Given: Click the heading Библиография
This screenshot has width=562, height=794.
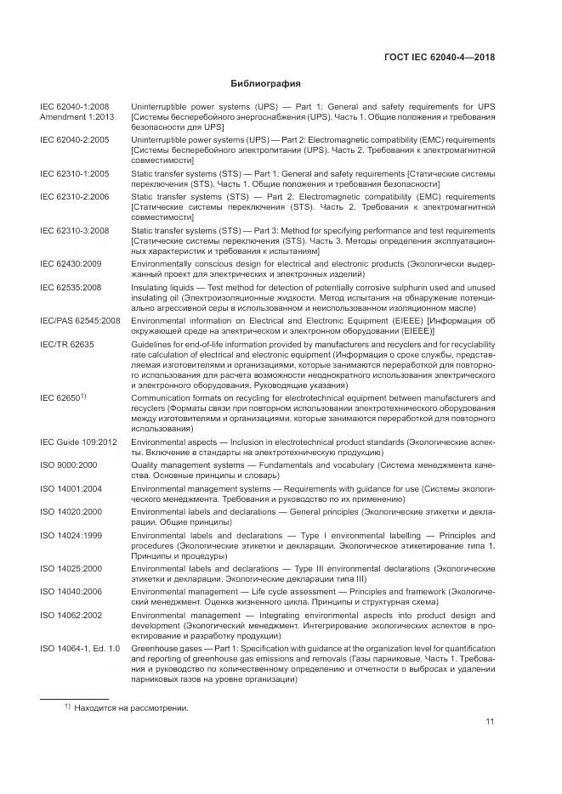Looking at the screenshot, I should (x=267, y=83).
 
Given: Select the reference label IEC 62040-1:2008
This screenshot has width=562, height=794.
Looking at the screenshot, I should (x=74, y=106).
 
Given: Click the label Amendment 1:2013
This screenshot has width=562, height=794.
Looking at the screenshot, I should (x=76, y=116).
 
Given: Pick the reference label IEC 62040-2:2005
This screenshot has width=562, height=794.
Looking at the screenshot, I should (x=74, y=139).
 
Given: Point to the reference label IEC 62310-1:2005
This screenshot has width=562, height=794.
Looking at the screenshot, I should (x=74, y=172).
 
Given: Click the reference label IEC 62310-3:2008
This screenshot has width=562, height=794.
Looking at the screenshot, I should (x=74, y=230).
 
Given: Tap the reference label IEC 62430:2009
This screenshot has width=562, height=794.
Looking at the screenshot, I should (x=71, y=263).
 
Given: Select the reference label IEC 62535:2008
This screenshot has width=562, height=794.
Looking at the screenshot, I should (x=71, y=287).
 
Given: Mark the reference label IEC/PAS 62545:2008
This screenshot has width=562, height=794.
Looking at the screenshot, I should (x=80, y=320).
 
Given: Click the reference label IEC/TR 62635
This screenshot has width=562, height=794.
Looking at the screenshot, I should (x=67, y=343).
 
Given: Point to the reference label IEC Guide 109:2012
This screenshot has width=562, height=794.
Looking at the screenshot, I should (x=78, y=442).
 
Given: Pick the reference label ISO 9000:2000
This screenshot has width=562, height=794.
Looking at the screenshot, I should (x=70, y=466).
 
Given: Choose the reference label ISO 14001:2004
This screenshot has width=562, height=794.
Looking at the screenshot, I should (x=71, y=489).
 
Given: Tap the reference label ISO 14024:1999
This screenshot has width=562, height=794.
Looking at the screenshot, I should (x=71, y=536).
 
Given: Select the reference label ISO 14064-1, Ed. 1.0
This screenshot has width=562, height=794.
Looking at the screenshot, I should (x=80, y=649).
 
